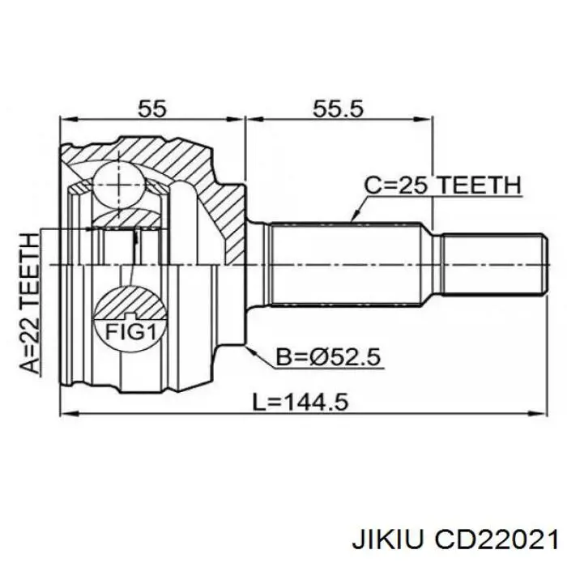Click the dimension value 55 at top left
click(x=152, y=108)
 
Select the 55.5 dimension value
click(x=338, y=108)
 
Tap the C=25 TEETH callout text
click(x=442, y=185)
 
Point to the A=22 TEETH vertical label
click(x=29, y=303)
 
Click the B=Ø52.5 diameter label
click(x=328, y=357)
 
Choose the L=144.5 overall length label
click(x=301, y=402)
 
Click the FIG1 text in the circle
click(x=130, y=331)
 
